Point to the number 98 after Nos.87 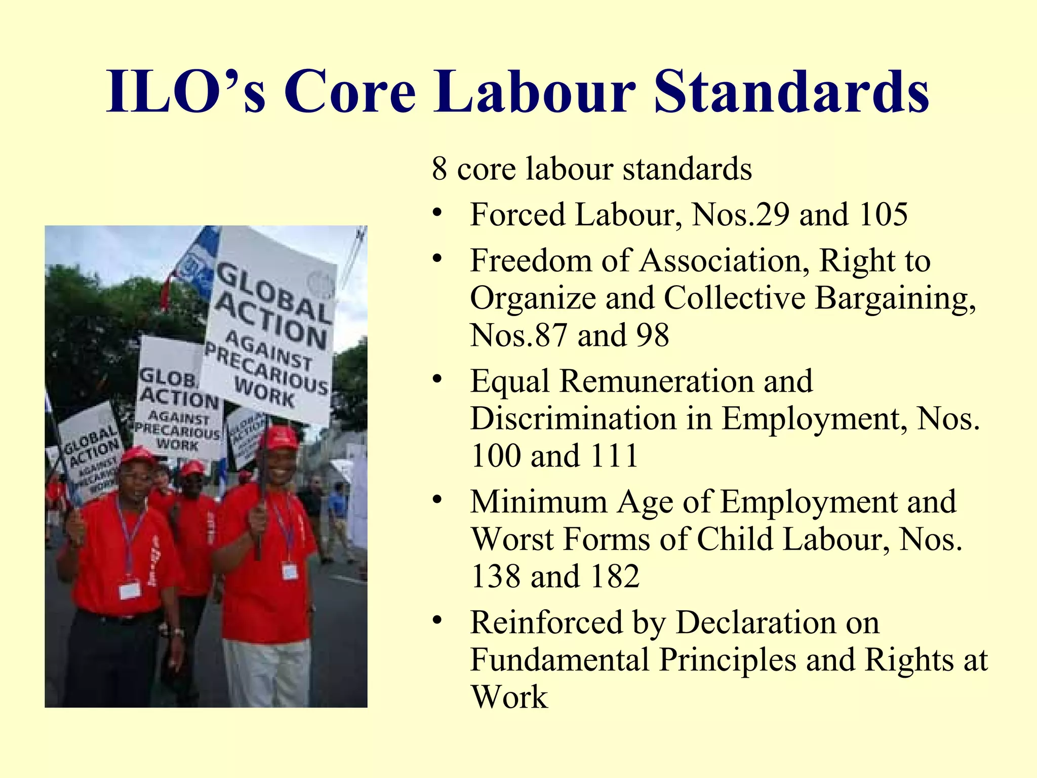[653, 335]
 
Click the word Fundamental [560, 660]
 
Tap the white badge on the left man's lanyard [130, 590]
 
